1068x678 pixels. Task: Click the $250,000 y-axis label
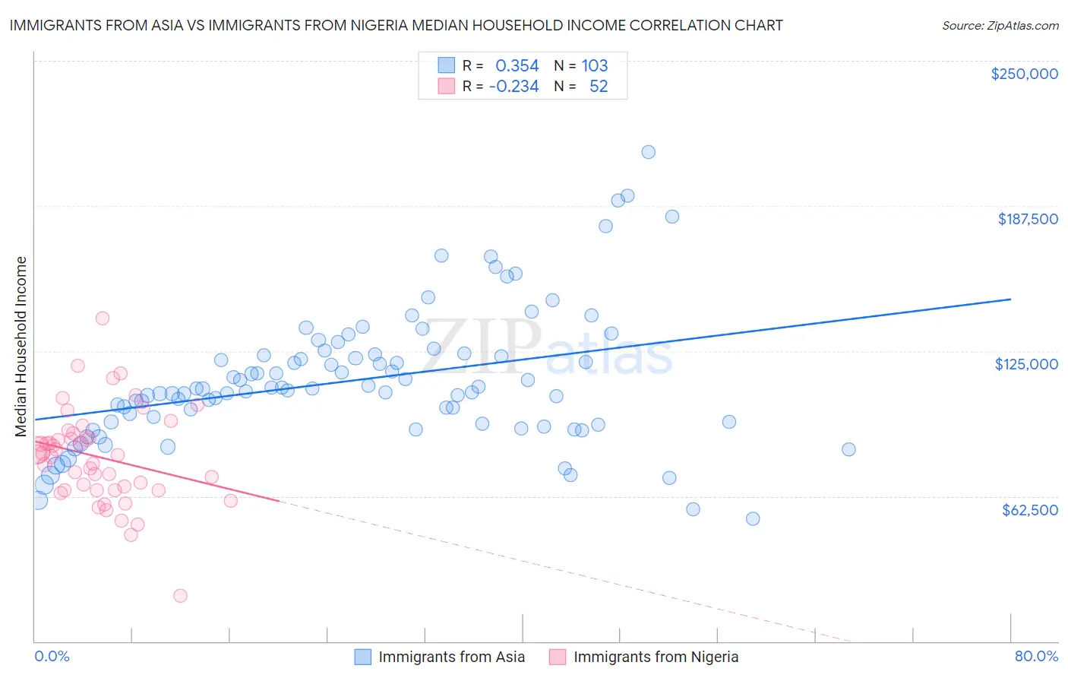click(x=1024, y=74)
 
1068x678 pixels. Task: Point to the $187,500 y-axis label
click(x=1028, y=219)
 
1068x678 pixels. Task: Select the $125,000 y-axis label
click(x=1026, y=364)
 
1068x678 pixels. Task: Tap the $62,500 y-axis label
click(x=1029, y=509)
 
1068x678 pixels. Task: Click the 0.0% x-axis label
click(x=52, y=656)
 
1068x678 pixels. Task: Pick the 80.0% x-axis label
click(x=1036, y=656)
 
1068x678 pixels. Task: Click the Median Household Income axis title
click(x=21, y=347)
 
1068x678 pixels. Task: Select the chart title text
click(x=396, y=25)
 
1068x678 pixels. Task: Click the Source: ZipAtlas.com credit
click(x=1000, y=25)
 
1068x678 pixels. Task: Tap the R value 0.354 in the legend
click(x=517, y=66)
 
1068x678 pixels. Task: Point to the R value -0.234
click(x=513, y=87)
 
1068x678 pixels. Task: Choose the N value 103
click(x=595, y=66)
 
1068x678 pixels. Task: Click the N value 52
click(x=599, y=87)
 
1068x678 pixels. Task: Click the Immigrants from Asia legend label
click(x=451, y=657)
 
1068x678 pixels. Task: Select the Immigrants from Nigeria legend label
click(x=656, y=657)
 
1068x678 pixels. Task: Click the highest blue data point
click(x=648, y=152)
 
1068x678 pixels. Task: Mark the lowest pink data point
click(x=180, y=595)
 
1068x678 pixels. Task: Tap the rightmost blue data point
click(x=848, y=449)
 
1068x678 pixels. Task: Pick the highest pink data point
click(x=102, y=318)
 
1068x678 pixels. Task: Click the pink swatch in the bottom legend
click(x=558, y=657)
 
